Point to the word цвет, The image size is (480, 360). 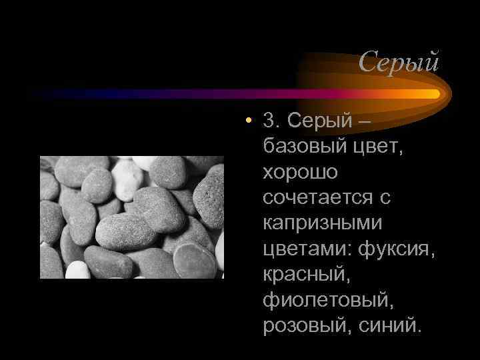[375, 147]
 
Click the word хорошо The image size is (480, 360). [300, 172]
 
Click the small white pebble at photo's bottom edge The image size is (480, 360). [77, 270]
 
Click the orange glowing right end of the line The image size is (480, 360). [427, 94]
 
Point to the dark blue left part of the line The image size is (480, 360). [100, 94]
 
